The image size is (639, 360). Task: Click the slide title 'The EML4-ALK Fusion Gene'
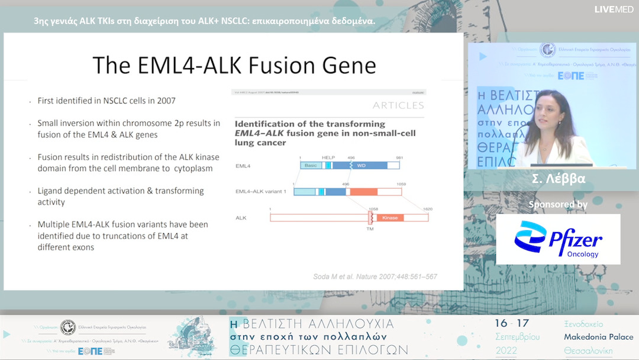pos(234,65)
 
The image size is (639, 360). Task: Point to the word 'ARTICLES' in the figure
pos(398,105)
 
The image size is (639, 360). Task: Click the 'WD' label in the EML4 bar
pos(362,165)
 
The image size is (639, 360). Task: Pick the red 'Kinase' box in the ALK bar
pos(390,218)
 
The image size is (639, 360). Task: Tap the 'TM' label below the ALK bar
pos(370,229)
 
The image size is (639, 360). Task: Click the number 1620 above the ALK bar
pos(428,208)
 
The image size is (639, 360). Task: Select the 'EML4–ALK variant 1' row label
pos(261,191)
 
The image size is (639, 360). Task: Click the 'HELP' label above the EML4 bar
pos(328,158)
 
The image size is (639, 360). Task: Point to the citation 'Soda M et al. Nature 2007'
pos(375,277)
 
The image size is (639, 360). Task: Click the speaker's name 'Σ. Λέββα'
pos(558,178)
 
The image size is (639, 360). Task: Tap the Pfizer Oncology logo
pos(558,239)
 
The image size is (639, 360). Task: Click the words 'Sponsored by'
pos(558,204)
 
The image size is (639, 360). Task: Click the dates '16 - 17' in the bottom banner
pos(512,323)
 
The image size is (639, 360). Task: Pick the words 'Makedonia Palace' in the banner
pos(598,337)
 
